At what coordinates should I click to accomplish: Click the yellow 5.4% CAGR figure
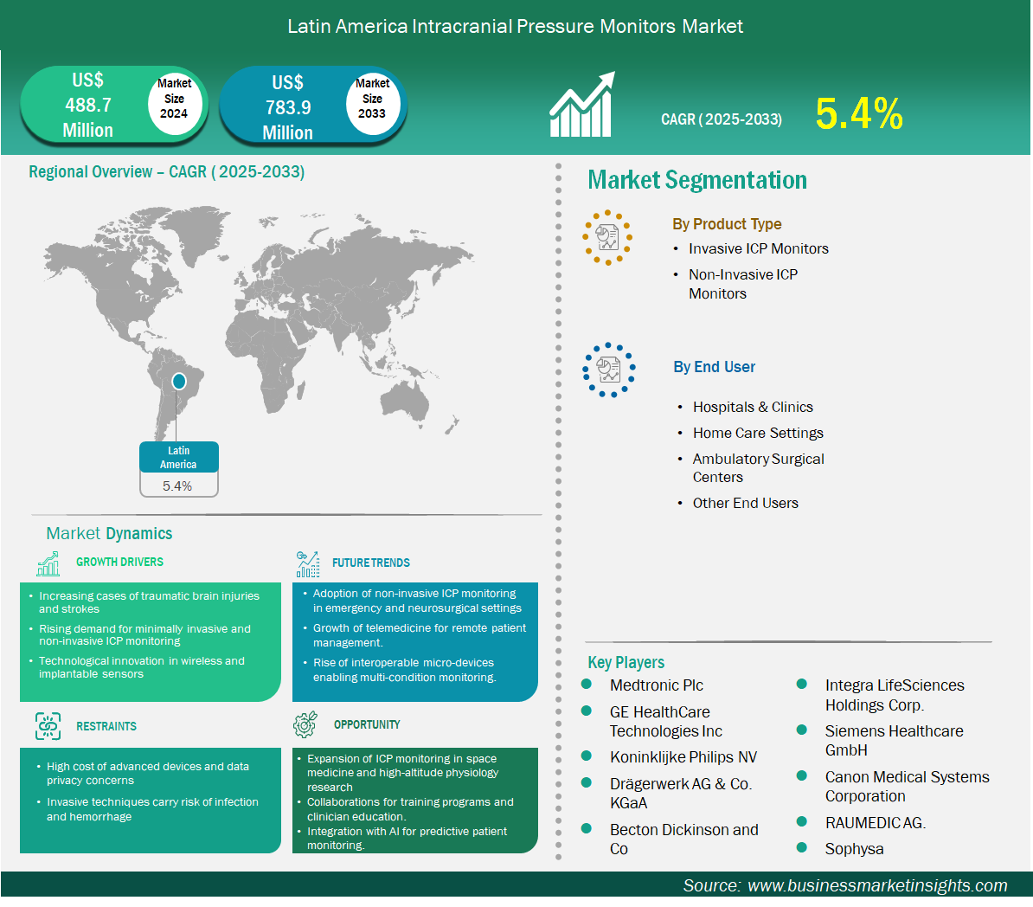(858, 113)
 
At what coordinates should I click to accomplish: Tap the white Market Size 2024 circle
(174, 100)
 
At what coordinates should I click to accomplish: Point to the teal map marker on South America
(178, 381)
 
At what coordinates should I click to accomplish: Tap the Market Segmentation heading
(697, 180)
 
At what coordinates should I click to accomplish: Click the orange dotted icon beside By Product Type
(607, 237)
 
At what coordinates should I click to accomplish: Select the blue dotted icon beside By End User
(609, 370)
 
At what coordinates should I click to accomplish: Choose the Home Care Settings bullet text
(758, 433)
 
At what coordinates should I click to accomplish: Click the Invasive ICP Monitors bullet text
(758, 248)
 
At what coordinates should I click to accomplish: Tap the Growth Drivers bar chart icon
(48, 563)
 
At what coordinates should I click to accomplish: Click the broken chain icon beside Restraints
(48, 726)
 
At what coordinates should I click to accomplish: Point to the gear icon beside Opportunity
(305, 724)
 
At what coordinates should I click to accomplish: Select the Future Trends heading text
(371, 563)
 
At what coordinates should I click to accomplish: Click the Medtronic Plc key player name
(656, 685)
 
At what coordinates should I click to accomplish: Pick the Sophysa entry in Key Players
(854, 849)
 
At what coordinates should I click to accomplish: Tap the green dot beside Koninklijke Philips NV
(587, 756)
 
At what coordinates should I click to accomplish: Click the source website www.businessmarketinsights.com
(877, 885)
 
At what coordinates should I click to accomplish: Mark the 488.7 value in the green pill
(88, 105)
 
